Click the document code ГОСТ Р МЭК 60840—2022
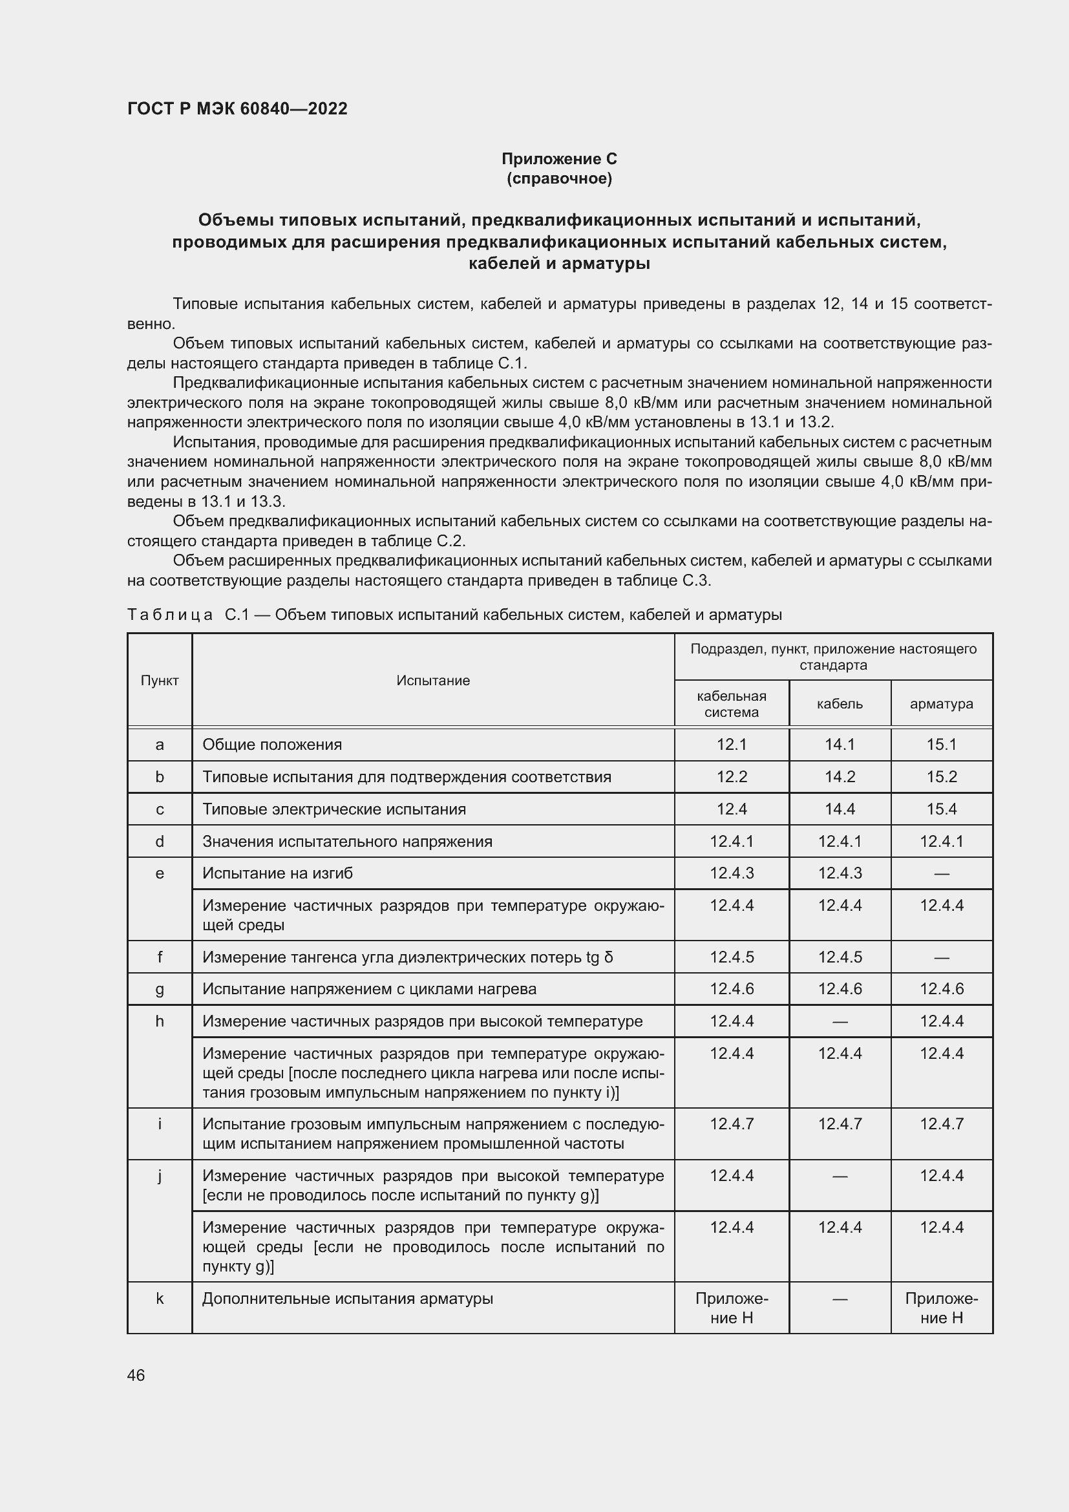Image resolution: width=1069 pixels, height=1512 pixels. coord(237,109)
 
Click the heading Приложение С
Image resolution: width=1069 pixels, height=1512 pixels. coord(559,159)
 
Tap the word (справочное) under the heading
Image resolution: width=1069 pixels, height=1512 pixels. coord(559,178)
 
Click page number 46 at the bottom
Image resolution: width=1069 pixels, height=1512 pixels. coord(136,1375)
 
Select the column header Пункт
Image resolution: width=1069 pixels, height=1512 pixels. coord(159,680)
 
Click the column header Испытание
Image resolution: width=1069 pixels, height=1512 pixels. coord(432,680)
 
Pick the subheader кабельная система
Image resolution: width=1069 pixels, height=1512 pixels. coord(732,703)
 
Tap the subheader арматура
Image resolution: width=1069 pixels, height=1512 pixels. coord(940,703)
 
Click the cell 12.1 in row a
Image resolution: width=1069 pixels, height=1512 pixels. coord(732,744)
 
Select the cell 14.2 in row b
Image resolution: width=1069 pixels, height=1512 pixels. coord(840,776)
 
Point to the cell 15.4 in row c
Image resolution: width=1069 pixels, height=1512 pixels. coord(940,809)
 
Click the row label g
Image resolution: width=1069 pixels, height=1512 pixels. coord(159,988)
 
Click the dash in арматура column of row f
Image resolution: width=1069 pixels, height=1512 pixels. coord(940,957)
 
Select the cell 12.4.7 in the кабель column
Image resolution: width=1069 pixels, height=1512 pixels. coord(840,1123)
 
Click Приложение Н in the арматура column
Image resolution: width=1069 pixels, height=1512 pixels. coord(940,1308)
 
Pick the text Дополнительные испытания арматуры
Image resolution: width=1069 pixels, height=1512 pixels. coord(348,1299)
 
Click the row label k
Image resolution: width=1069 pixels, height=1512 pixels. coord(159,1299)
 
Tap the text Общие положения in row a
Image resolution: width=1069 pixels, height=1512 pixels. coord(272,744)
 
